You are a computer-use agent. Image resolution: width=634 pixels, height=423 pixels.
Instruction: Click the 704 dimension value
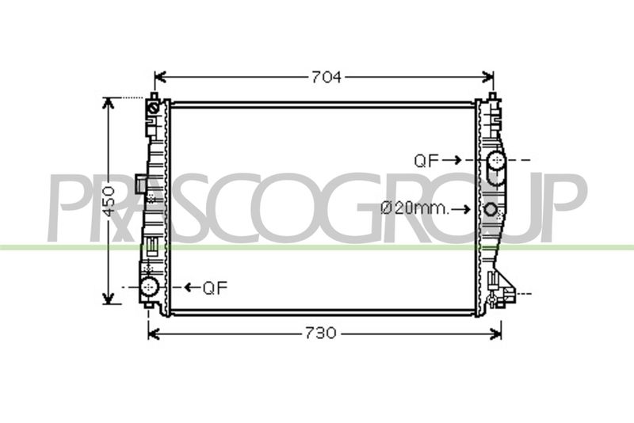click(x=326, y=77)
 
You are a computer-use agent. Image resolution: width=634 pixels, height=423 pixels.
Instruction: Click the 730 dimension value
click(x=320, y=333)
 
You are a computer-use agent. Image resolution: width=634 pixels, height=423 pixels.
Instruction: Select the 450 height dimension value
click(x=109, y=200)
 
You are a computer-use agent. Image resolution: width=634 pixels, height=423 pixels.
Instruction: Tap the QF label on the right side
click(x=426, y=161)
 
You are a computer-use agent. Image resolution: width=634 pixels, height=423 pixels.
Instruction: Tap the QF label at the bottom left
click(x=215, y=288)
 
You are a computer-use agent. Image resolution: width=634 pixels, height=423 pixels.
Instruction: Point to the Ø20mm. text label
click(x=414, y=208)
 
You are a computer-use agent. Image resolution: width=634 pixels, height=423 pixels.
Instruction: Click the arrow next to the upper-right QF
click(x=452, y=160)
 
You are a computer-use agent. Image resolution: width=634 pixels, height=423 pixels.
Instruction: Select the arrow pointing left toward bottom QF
click(x=193, y=288)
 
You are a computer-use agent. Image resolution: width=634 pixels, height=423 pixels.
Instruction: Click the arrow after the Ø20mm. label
click(x=461, y=209)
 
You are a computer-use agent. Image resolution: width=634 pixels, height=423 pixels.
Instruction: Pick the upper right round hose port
click(x=496, y=160)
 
